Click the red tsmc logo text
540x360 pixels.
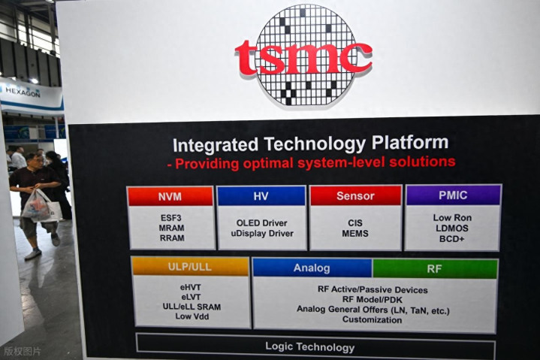click(x=303, y=57)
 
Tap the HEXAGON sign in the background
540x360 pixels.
click(x=23, y=92)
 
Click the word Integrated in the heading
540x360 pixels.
click(x=216, y=145)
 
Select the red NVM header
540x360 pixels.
click(x=170, y=196)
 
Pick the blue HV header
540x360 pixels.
click(x=261, y=195)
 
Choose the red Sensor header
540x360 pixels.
click(x=355, y=195)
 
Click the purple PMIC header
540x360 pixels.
click(x=453, y=195)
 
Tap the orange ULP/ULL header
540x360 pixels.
click(x=190, y=267)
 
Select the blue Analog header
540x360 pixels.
click(x=312, y=268)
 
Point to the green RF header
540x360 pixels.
click(x=435, y=269)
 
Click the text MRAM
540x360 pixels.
click(x=171, y=228)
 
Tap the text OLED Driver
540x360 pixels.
click(x=261, y=223)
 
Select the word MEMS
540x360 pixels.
click(x=355, y=233)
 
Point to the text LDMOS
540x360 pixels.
click(x=452, y=228)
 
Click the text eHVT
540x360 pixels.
click(x=191, y=287)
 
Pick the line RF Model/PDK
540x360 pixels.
click(x=373, y=299)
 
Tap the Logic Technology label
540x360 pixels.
click(x=310, y=347)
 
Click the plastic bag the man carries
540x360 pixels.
click(x=38, y=207)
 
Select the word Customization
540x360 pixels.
click(x=373, y=319)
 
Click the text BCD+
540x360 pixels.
click(x=452, y=239)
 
